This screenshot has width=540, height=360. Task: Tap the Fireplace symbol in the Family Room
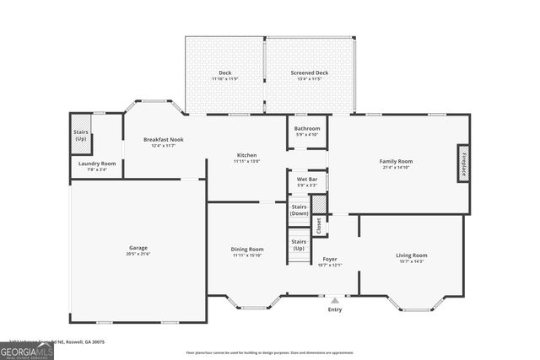(463, 162)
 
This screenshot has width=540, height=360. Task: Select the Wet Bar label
(307, 179)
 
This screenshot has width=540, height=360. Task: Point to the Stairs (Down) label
(299, 210)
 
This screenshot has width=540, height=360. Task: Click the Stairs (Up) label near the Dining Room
(299, 245)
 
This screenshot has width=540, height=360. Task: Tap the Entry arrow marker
(335, 299)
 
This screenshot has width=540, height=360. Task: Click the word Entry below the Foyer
(335, 309)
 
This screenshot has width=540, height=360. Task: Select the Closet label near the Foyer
(319, 226)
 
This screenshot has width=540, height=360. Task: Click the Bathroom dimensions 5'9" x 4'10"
(307, 135)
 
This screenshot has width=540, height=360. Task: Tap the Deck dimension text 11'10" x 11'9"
(225, 79)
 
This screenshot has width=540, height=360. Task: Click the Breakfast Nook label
(163, 139)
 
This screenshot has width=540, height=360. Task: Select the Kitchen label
(246, 155)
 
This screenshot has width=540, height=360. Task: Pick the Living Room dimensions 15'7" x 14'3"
(412, 261)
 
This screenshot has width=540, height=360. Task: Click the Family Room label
(396, 161)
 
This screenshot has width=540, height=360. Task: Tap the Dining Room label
(248, 249)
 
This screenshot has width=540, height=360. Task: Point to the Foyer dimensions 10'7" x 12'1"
(329, 265)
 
